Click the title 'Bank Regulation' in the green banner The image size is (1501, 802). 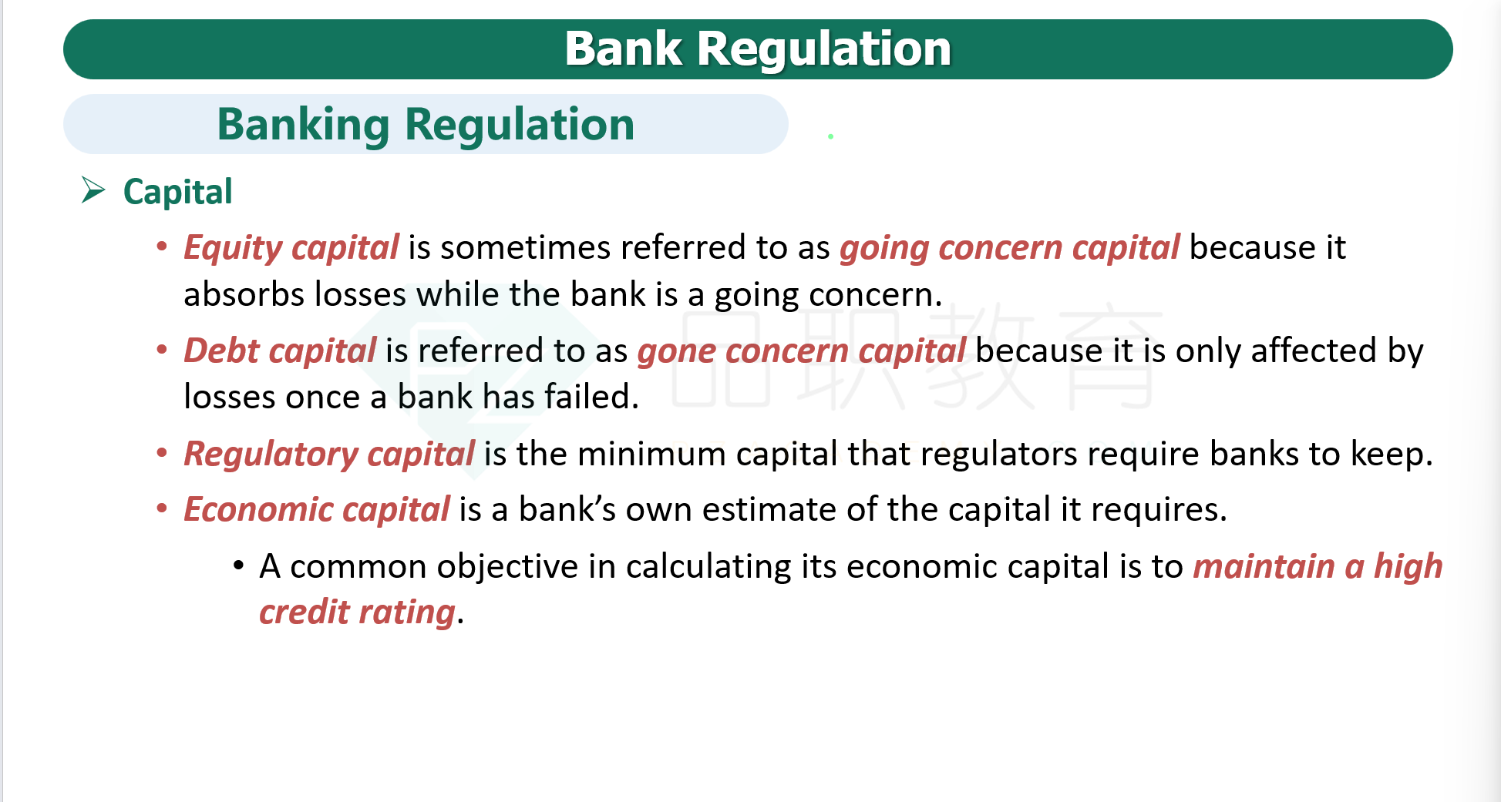[758, 49]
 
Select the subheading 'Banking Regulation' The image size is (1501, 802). [426, 125]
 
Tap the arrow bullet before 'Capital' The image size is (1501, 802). [93, 190]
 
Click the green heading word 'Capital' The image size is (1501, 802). [177, 192]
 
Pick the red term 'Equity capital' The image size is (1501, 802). [291, 248]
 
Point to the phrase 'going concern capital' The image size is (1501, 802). [1009, 248]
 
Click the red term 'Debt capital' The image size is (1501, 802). [280, 351]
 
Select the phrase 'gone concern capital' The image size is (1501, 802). [801, 351]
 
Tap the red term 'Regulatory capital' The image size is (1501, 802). [329, 454]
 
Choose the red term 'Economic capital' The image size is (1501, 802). [316, 510]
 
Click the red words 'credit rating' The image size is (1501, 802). [357, 612]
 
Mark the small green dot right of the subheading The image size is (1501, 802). [830, 136]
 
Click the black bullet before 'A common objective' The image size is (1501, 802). [239, 566]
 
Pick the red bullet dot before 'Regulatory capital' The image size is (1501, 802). [162, 453]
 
